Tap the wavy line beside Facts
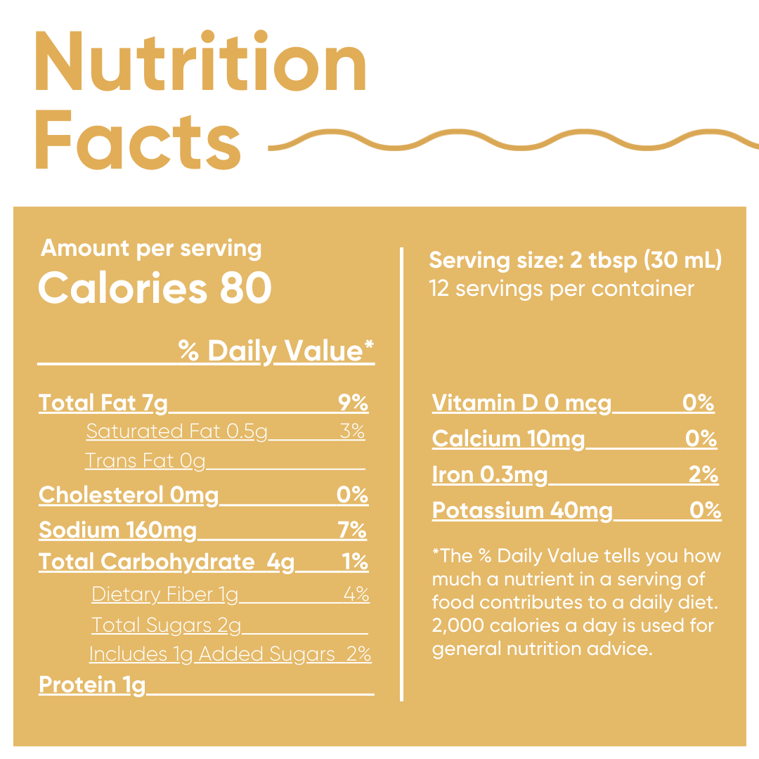pos(513,140)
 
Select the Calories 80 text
pos(155,288)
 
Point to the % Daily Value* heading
pos(275,350)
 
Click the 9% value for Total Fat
pos(353,403)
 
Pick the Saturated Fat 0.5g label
pos(177,432)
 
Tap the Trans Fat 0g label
pos(145,461)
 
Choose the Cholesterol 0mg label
pos(129,495)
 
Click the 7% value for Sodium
pos(352,530)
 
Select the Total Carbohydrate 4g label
pos(167,562)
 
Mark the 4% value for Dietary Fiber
pos(356,595)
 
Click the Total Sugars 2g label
pos(167,625)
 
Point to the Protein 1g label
pos(92,685)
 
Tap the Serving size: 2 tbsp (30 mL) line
pos(576,261)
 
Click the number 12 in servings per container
pos(439,289)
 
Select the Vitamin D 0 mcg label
pos(521,403)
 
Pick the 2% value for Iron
pos(703,475)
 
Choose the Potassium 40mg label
pos(522,510)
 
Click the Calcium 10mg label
pos(508,439)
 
